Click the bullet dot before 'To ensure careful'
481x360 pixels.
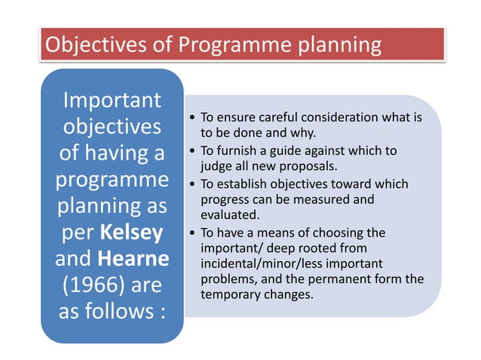[x=194, y=118]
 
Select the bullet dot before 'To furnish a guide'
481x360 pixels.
[x=194, y=151]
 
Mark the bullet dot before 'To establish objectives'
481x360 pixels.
[x=194, y=185]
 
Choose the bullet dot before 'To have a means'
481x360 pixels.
[x=194, y=233]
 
